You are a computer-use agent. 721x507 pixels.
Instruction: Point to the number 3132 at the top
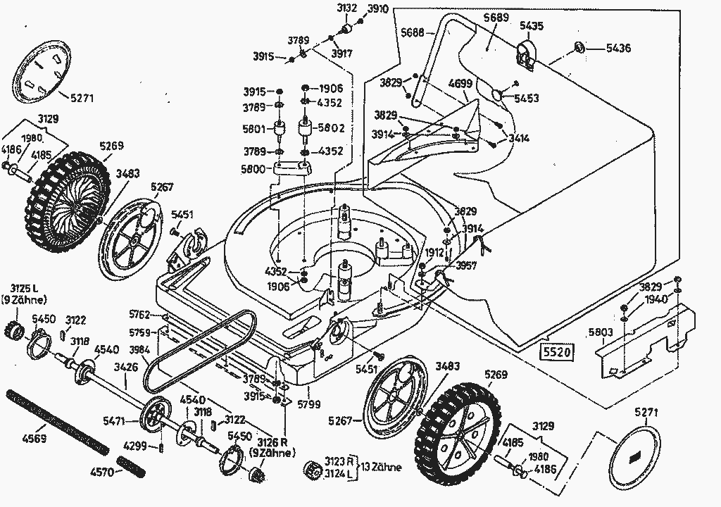click(347, 8)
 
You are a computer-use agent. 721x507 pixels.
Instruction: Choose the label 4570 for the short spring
click(103, 472)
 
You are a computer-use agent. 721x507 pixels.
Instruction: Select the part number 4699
click(460, 84)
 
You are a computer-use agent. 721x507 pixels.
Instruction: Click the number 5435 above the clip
click(532, 25)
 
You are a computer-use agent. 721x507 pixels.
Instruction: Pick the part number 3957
click(466, 265)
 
